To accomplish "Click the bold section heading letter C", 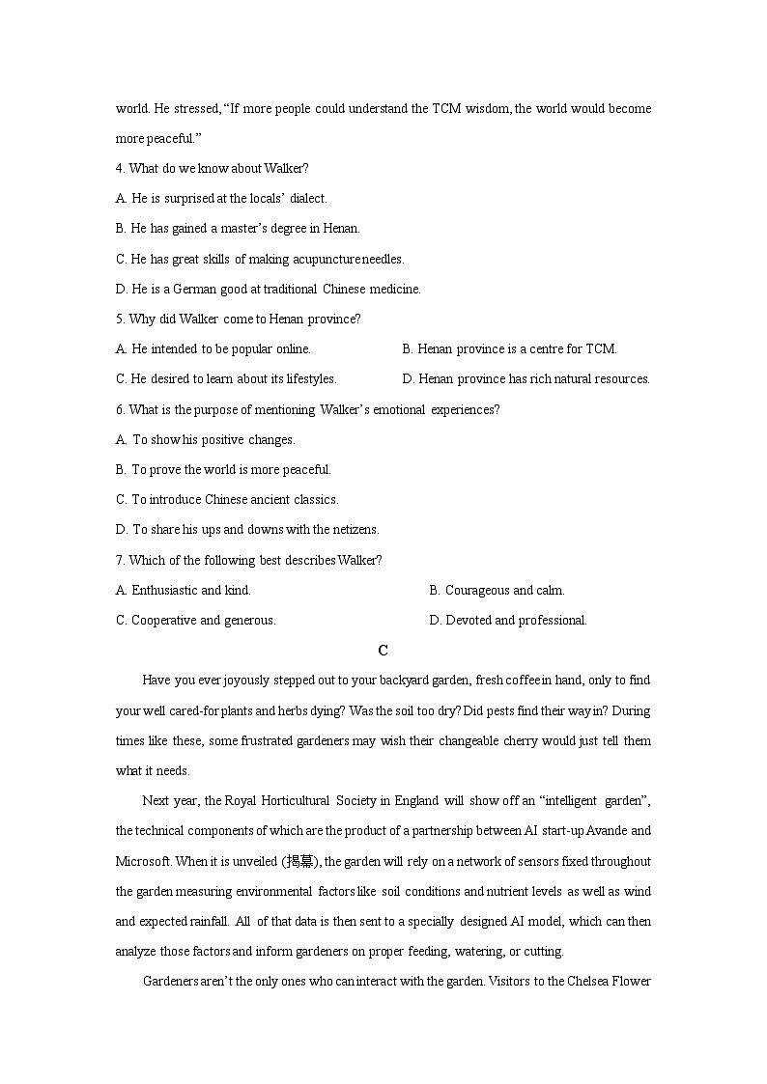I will [383, 651].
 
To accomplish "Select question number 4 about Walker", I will [120, 168].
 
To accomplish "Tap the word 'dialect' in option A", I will [308, 198].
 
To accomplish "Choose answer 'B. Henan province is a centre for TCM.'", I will [509, 348].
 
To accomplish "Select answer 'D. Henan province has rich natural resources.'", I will [526, 378].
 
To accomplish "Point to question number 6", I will [120, 409].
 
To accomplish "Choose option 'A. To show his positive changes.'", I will [205, 439].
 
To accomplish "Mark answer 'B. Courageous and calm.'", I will [497, 590].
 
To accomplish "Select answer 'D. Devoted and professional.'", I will [507, 620].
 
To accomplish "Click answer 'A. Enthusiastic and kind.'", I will [183, 590].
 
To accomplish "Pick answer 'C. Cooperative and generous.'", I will [195, 620].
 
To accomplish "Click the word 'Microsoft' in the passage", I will [143, 861].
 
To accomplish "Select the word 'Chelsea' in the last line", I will [574, 982].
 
